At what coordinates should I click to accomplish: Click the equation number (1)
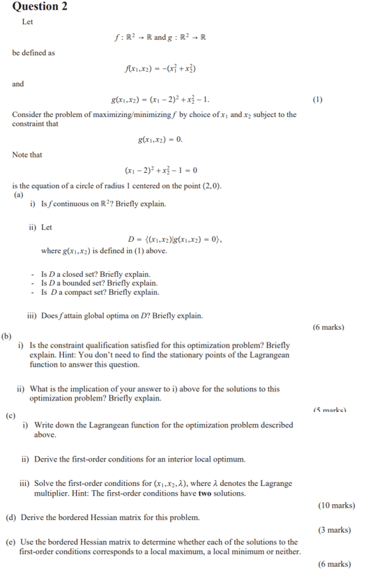click(317, 99)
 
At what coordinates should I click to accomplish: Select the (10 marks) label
click(335, 505)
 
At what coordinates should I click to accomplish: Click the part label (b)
click(8, 337)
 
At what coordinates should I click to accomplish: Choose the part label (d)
click(11, 518)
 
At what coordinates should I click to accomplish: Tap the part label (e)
click(11, 542)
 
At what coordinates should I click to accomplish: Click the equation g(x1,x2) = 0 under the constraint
click(161, 139)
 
